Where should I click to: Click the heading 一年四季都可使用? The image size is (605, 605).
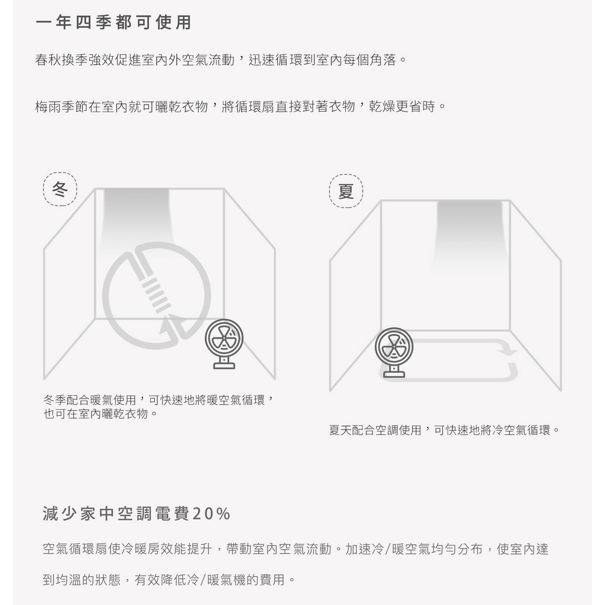pos(113,22)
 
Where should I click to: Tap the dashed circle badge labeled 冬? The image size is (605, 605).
pos(60,190)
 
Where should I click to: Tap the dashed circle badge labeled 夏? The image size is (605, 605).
pos(346,191)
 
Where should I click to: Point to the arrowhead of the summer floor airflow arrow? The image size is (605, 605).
pos(509,351)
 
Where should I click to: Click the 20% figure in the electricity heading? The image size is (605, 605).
pos(211,514)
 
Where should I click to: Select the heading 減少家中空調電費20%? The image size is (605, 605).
pos(136,514)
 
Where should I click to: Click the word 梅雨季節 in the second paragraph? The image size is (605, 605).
pos(61,106)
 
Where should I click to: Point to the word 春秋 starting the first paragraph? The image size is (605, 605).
pos(48,60)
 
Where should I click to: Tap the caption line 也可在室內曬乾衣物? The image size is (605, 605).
pos(96,414)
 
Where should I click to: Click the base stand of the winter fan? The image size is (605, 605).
pos(224,363)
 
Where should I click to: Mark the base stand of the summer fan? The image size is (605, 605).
pos(393,371)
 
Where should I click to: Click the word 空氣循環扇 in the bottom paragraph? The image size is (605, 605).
pos(76,549)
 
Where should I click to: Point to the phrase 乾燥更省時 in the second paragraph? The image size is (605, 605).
pos(402,106)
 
